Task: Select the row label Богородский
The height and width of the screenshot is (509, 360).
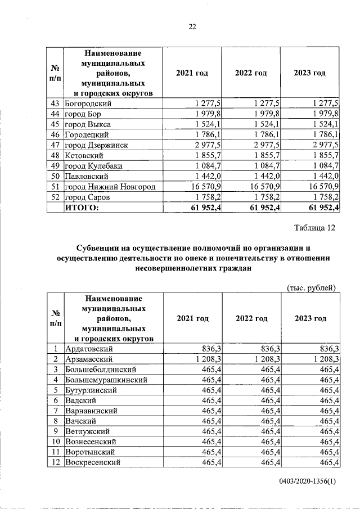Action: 88,104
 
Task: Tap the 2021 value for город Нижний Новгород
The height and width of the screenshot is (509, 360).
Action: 204,187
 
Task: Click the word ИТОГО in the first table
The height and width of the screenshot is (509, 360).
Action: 82,208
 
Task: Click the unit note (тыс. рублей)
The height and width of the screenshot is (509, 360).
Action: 312,288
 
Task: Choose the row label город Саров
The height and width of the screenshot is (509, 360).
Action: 87,197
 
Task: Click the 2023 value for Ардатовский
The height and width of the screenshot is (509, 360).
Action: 327,348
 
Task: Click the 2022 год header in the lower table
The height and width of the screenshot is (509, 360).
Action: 251,318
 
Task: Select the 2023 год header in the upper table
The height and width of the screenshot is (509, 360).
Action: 310,74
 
